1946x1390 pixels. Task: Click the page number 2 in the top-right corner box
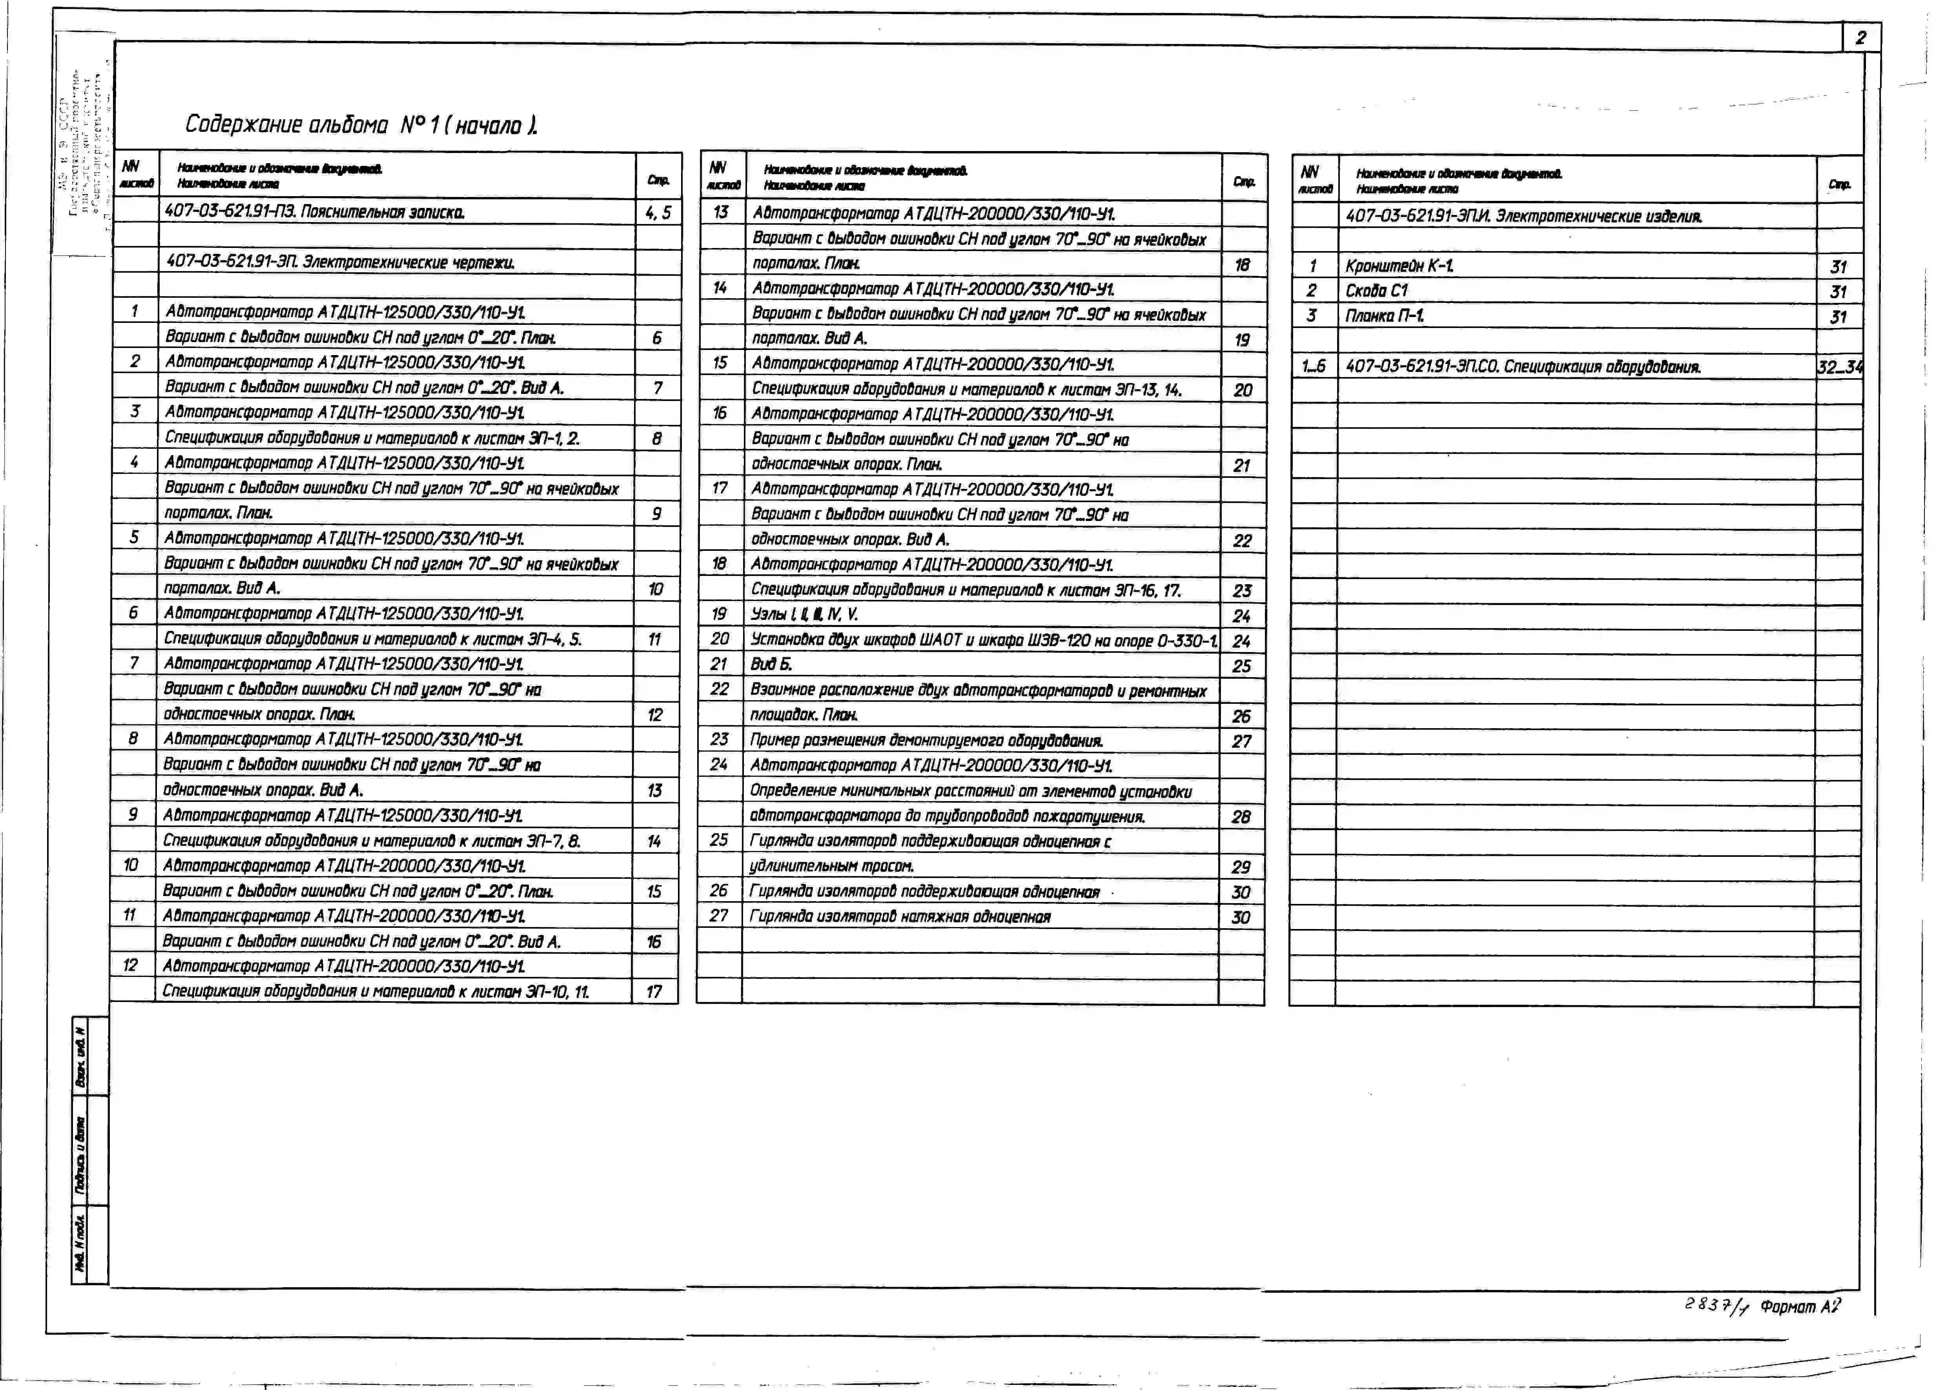pos(1860,38)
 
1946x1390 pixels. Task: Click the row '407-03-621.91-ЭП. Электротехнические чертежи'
pos(341,262)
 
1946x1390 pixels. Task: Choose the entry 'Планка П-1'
pos(1385,316)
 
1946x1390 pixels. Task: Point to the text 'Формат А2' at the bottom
pos(1800,1307)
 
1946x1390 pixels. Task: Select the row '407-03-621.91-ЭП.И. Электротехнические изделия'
pos(1523,217)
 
